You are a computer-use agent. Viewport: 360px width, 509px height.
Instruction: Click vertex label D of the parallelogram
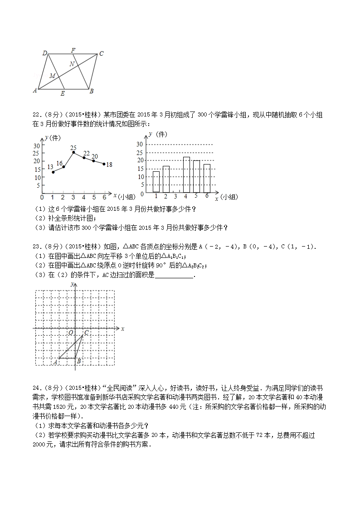pos(45,53)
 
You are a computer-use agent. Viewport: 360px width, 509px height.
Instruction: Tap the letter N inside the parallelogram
pos(72,64)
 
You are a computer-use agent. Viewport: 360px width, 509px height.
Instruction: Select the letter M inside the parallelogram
pos(52,76)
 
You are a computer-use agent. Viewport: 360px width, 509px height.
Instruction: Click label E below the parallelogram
pos(62,94)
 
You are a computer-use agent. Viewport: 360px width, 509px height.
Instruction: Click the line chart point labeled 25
pos(73,152)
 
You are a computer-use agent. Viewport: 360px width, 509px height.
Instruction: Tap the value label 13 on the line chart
pos(50,167)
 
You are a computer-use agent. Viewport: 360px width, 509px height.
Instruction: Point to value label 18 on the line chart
pos(109,165)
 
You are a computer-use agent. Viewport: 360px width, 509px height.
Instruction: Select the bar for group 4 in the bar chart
pos(186,175)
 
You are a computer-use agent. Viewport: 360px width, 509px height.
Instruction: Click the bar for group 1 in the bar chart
pos(156,181)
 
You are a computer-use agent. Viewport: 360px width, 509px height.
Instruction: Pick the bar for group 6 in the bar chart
pos(207,178)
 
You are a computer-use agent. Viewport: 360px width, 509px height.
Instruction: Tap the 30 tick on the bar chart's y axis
pos(140,144)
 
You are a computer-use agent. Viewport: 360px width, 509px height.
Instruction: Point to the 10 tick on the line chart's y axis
pos(37,177)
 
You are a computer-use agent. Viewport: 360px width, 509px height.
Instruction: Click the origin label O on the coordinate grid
pos(71,333)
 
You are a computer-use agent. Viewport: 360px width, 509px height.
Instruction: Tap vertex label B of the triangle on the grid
pos(78,361)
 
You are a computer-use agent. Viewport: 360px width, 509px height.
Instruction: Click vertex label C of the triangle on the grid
pos(86,333)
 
